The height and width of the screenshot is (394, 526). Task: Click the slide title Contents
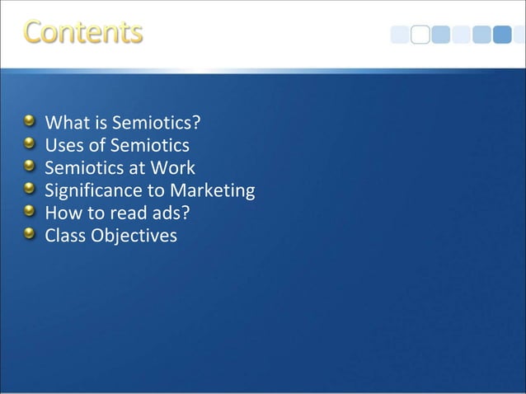coord(83,32)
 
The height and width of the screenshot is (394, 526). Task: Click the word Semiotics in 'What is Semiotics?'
coord(157,124)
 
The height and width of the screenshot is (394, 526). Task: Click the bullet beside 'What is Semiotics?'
coord(31,123)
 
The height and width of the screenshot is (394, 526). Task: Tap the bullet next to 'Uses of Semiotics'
coord(31,145)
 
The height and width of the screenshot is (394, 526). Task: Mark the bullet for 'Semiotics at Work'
coord(31,167)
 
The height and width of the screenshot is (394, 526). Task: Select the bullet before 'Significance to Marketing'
coord(31,190)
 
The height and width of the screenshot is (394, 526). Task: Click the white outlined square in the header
coord(420,35)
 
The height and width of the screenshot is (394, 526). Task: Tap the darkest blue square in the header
coord(502,35)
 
